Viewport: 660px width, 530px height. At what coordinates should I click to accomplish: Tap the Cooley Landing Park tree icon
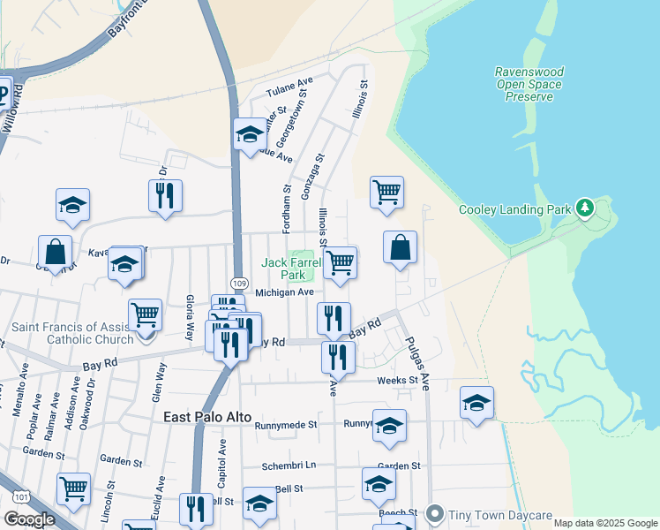(584, 209)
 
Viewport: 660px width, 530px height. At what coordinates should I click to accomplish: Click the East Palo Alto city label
(207, 417)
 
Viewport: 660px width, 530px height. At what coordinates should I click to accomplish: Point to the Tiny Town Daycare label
(499, 515)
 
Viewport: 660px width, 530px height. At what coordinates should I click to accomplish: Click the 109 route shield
(239, 282)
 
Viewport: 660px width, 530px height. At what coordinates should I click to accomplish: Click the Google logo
(29, 519)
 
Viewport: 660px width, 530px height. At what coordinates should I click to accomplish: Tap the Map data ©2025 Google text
(604, 523)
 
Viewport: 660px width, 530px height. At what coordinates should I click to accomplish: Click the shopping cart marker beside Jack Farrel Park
(340, 262)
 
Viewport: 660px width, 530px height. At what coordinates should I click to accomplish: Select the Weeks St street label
(396, 381)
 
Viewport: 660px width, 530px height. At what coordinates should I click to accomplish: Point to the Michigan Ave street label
(284, 292)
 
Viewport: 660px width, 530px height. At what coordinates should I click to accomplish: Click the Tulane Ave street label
(290, 90)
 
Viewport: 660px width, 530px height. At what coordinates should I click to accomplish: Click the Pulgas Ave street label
(416, 363)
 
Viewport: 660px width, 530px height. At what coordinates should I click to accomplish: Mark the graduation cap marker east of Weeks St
(476, 404)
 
